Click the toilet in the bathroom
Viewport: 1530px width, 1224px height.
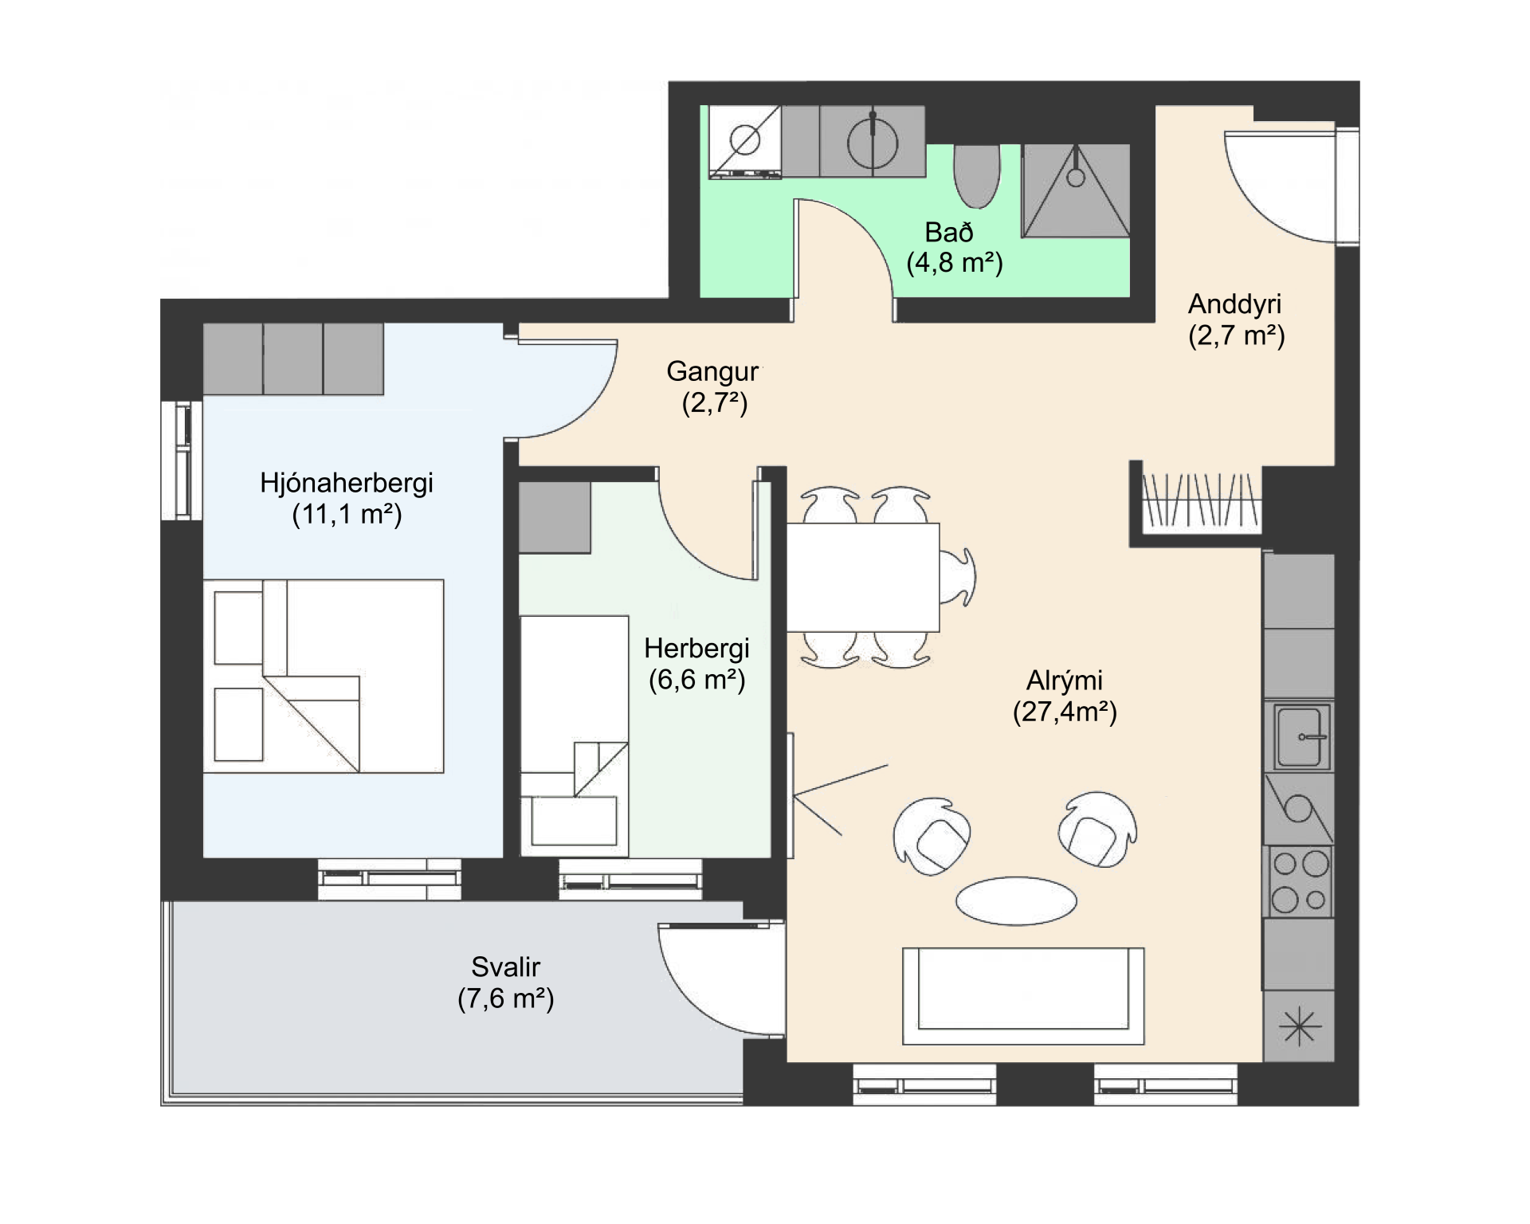pos(976,175)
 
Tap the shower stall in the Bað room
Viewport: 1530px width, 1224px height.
pos(1076,190)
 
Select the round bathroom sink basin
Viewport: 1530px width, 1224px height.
pos(873,144)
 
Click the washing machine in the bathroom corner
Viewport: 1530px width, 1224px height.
pos(745,142)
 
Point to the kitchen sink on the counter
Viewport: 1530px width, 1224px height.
pos(1299,736)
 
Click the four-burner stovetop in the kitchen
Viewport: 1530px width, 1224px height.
pos(1299,882)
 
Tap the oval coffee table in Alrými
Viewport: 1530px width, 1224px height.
pos(1016,901)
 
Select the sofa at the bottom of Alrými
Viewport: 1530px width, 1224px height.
pos(1023,995)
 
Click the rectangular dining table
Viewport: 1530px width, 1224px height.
pos(863,577)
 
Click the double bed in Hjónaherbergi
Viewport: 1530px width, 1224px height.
pos(323,676)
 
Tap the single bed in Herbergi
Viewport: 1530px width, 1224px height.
pos(574,736)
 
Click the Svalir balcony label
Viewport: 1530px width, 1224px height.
pos(505,967)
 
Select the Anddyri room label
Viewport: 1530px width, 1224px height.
pos(1234,304)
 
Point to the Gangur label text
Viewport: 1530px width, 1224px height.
pos(712,371)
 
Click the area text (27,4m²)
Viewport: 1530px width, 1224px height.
pos(1065,711)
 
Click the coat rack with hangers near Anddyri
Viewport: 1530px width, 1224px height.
pos(1202,500)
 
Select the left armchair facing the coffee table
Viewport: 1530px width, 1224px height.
pos(932,836)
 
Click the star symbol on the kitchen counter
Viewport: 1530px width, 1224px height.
pos(1299,1026)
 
